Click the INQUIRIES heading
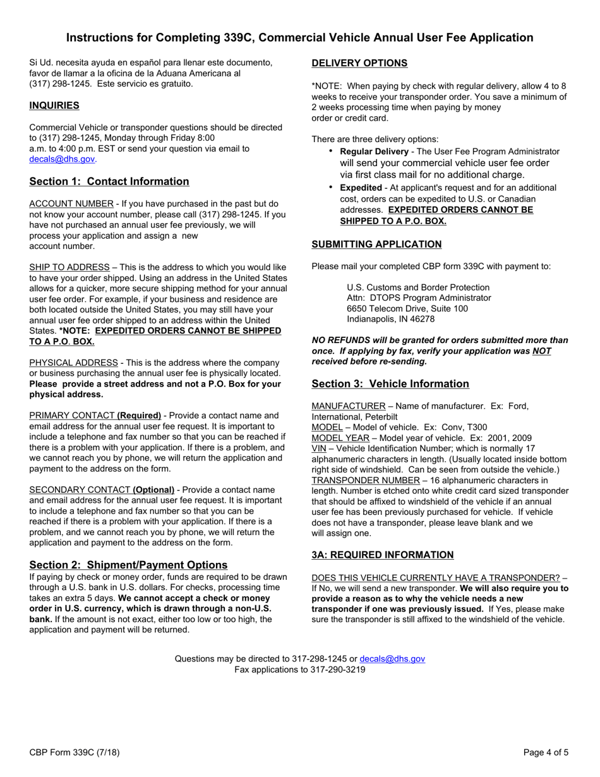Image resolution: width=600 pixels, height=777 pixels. point(54,105)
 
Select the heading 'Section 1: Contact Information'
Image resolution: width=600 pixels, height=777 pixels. point(109,182)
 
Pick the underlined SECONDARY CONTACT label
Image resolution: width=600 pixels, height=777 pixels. point(78,490)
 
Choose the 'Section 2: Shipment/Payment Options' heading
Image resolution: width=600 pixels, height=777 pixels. point(128,565)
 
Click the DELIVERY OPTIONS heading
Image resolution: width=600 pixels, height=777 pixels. point(359,63)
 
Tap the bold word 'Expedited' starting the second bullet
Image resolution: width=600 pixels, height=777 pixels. point(361,188)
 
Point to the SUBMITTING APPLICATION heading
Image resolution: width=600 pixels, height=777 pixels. point(376,244)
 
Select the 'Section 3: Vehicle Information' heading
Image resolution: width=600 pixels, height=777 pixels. point(390,384)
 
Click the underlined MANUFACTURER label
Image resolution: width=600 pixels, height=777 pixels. point(349,406)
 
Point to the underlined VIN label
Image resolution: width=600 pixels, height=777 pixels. point(319,449)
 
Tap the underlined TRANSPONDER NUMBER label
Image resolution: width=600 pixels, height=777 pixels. point(366,481)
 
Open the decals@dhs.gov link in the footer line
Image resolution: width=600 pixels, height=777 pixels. point(392,659)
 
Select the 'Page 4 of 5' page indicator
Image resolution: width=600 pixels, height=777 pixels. point(546,752)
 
